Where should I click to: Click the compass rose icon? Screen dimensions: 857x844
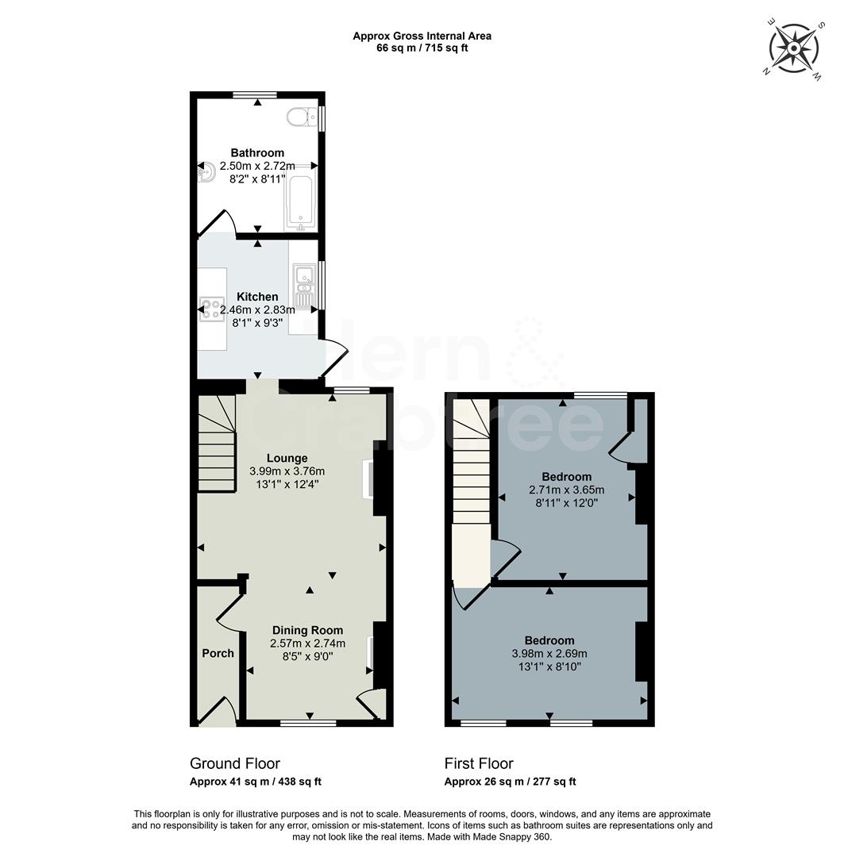coord(793,48)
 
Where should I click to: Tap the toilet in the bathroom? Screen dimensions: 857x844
coord(299,118)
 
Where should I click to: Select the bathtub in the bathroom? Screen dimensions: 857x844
coord(300,202)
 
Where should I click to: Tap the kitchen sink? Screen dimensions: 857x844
coord(304,286)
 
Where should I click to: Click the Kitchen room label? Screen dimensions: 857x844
coord(257,297)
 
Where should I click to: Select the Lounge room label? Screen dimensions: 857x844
coord(287,458)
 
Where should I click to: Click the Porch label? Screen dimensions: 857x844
coord(218,653)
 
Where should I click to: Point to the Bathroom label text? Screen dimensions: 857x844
coord(257,152)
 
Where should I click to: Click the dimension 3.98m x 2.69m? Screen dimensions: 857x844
coord(549,654)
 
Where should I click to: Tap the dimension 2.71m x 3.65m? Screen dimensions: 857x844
coord(566,490)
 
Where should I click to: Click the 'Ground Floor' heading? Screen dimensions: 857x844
coord(235,763)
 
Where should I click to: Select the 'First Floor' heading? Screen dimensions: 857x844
coord(479,763)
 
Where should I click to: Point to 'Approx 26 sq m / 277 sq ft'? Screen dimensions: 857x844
coord(510,782)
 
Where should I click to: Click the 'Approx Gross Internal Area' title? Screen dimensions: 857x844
coord(422,36)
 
